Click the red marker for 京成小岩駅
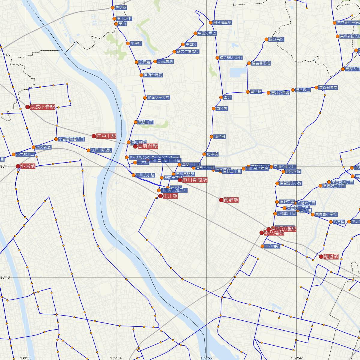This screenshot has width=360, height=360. pos(28,107)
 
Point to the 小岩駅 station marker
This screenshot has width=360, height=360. pos(18,166)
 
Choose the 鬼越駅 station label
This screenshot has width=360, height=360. pos(331,256)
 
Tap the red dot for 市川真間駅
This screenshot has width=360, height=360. pos(180,180)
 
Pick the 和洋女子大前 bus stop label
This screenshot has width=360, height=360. pos(158,97)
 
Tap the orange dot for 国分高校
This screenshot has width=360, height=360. pos(266,39)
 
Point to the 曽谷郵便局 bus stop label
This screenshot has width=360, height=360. pos(328,88)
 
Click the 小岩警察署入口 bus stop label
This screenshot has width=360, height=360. pos(71,139)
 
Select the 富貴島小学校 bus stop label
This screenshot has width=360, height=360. pos(326,214)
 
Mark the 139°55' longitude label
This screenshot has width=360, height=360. pos(207,358)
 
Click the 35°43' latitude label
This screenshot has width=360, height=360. pos(5,277)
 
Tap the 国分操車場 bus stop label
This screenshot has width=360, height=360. pos(222,22)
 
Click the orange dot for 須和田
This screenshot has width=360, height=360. pos(211,137)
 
